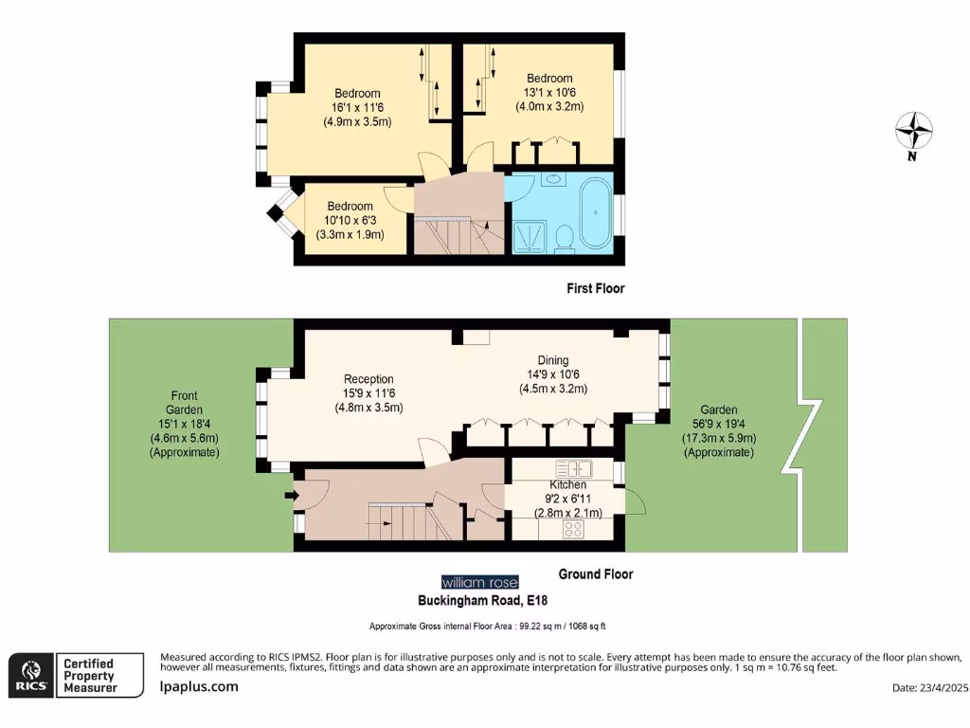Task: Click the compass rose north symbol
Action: coord(914,131)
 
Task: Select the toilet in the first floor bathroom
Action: coord(565,239)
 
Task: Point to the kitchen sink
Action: coord(574,468)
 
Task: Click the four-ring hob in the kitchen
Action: coord(573,529)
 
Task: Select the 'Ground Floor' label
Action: coord(595,573)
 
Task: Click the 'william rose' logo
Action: coord(479,582)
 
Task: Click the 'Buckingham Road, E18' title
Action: coord(483,600)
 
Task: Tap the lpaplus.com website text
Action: coord(199,686)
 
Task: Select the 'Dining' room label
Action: coord(553,360)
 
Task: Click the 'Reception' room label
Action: coord(368,378)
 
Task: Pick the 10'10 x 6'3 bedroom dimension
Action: coord(350,220)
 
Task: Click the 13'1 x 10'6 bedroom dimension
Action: coord(549,92)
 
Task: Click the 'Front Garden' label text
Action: coord(184,403)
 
